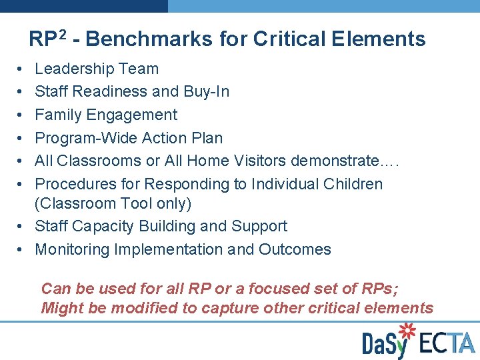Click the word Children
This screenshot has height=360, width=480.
354,184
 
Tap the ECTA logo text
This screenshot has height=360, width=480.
447,342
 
